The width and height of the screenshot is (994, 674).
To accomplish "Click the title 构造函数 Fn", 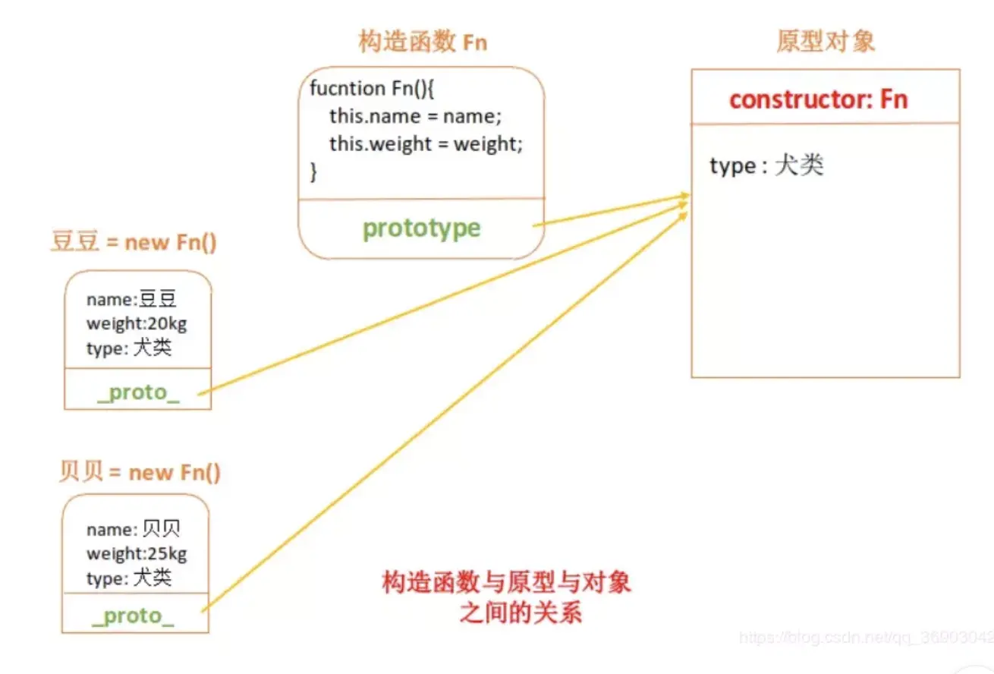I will pos(422,43).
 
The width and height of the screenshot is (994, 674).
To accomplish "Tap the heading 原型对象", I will pos(825,41).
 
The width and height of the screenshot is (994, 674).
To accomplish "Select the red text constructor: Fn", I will pos(818,99).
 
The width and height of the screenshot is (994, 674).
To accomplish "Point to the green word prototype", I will pos(421,228).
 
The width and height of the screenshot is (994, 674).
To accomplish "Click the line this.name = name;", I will pos(415,116).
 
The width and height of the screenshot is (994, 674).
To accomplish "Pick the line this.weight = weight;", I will pos(426,144).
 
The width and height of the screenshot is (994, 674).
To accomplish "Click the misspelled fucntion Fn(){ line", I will pos(371,88).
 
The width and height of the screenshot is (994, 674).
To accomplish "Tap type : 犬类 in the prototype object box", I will pos(766,166).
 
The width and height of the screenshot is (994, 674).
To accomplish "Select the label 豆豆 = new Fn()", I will pos(134,243).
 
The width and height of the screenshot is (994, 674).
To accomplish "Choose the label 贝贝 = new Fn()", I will pos(140,472).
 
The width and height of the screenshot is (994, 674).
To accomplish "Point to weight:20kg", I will pos(137,324).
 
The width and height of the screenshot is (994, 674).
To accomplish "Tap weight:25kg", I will pos(137,553).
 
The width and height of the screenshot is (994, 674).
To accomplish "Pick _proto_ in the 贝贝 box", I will pos(133,616).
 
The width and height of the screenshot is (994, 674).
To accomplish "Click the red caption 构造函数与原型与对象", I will pos(506,583).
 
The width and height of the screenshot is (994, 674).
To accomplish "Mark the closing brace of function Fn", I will pos(314,172).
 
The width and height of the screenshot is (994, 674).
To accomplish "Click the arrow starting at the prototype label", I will pos(607,212).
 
